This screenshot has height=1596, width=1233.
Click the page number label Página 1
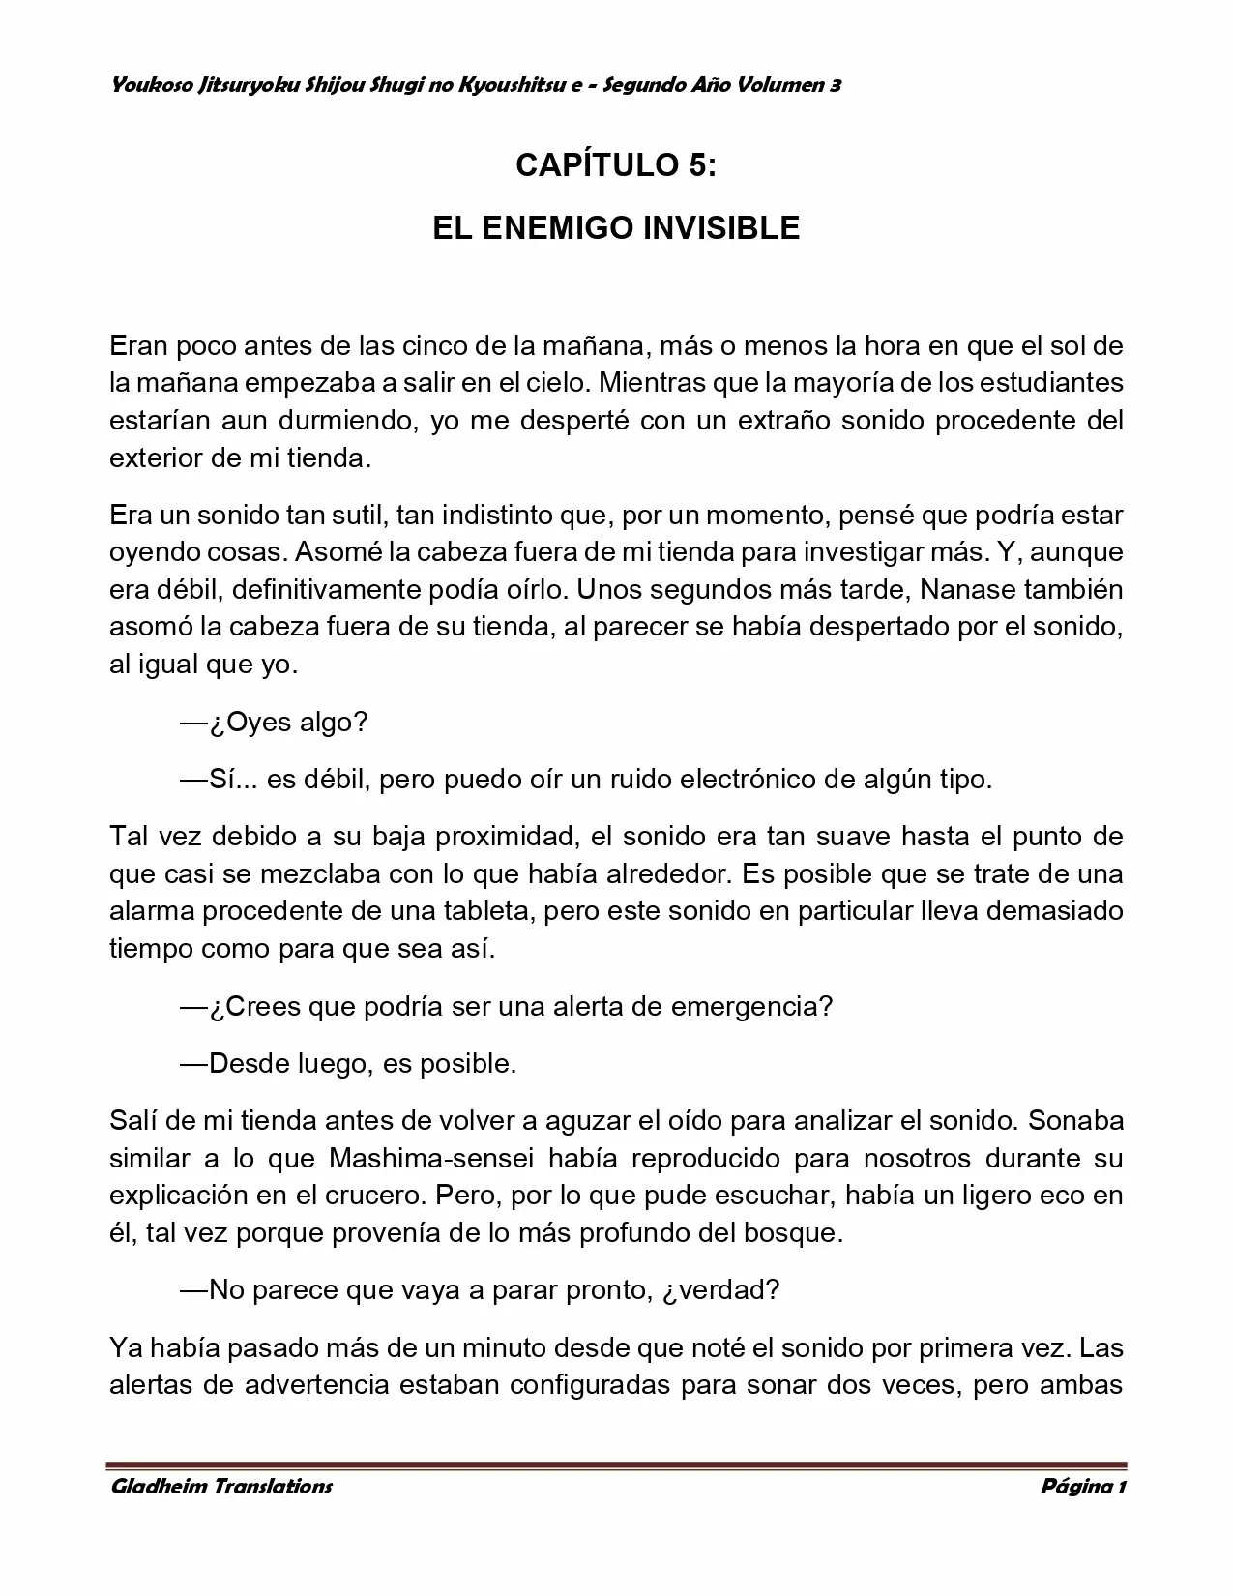click(x=1083, y=1486)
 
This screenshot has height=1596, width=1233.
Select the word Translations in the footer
click(x=272, y=1486)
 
